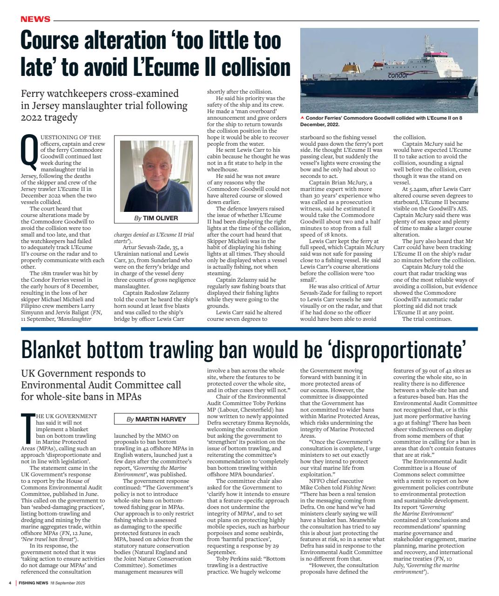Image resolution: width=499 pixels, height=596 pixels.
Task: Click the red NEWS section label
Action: [35, 19]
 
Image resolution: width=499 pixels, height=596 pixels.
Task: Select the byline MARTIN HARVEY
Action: [160, 419]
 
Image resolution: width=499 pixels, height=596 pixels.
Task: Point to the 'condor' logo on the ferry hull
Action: [398, 75]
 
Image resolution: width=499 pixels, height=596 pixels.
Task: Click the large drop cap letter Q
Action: [29, 152]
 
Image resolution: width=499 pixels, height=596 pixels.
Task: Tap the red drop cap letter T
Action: [28, 428]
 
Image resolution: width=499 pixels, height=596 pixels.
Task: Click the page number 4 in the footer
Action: [10, 583]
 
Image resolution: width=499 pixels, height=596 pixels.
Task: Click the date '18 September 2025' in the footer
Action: [67, 583]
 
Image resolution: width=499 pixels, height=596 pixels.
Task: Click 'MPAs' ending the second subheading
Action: [127, 397]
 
